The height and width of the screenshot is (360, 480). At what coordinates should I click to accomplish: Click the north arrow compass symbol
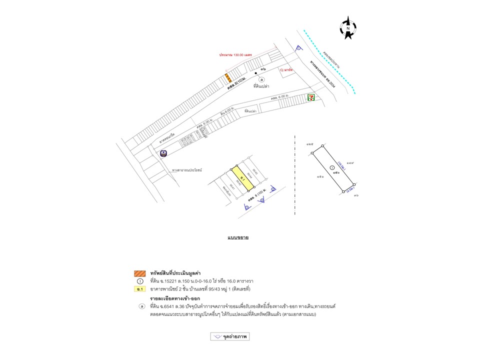click(348, 28)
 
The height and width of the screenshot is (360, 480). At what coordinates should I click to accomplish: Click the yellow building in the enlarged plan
click(242, 177)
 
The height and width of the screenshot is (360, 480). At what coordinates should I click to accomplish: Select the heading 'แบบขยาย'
click(238, 237)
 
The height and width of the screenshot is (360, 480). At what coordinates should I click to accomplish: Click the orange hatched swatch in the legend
click(139, 273)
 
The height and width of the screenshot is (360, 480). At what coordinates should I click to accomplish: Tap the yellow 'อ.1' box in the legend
click(139, 289)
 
